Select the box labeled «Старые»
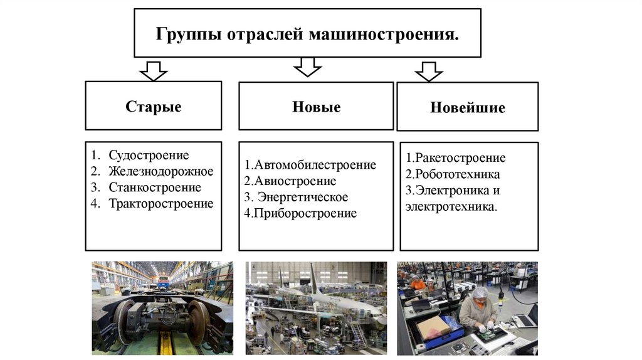[x=154, y=106]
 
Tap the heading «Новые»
[x=316, y=107]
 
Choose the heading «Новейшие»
[x=468, y=108]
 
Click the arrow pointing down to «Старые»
[x=154, y=70]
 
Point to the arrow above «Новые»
[x=307, y=66]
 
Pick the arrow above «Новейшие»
[x=429, y=71]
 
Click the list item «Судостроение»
[x=149, y=155]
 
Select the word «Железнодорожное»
[x=161, y=171]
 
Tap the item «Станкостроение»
[x=155, y=188]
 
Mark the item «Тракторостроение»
[x=161, y=203]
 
